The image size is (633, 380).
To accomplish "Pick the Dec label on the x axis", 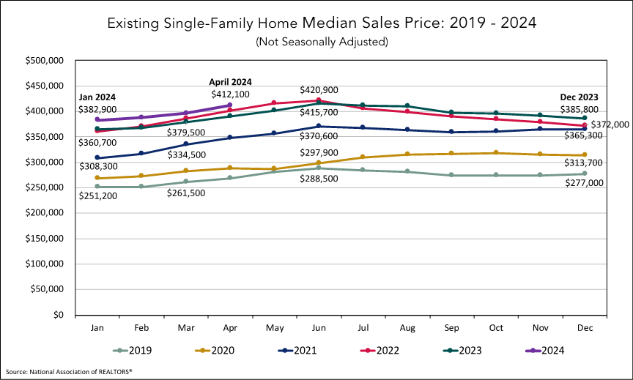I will (584, 328).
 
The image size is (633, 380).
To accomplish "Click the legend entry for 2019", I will (139, 350).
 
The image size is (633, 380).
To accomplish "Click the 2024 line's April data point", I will (230, 105).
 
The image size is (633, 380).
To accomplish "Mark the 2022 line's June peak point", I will (319, 100).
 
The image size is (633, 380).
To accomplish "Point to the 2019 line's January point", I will (97, 187).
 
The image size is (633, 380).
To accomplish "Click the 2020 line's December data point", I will (584, 155).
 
